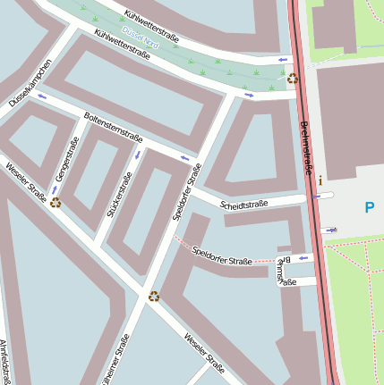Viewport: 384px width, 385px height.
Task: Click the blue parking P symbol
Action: [x=369, y=208]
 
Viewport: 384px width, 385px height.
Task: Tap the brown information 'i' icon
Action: [x=320, y=180]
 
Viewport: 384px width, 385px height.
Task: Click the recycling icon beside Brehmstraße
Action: [x=293, y=79]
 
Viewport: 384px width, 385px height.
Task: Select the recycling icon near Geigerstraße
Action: [x=55, y=202]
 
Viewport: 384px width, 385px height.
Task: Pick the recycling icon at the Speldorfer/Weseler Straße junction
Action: [x=154, y=296]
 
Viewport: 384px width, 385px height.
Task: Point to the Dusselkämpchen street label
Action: [x=30, y=83]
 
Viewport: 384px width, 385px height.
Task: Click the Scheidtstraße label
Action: [x=243, y=205]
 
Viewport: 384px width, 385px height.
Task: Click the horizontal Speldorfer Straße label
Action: [x=221, y=255]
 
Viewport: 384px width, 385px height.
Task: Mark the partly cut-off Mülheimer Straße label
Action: [x=115, y=362]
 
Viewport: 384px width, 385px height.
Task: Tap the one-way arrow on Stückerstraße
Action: [x=137, y=155]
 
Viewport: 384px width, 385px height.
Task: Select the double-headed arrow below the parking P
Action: [x=332, y=230]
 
